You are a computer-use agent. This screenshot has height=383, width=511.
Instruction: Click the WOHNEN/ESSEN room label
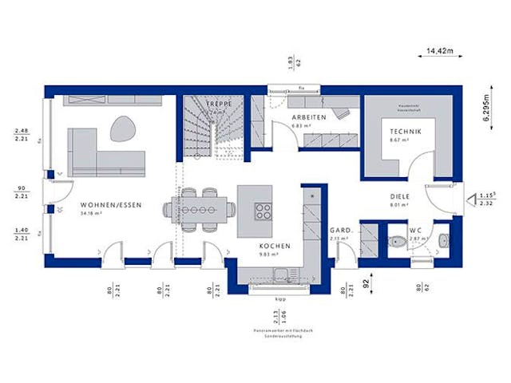(x=111, y=205)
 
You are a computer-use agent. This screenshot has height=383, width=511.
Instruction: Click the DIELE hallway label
(x=400, y=194)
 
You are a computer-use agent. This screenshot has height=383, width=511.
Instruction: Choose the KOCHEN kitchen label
(x=275, y=247)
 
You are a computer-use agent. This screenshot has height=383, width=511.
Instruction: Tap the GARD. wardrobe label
(x=341, y=231)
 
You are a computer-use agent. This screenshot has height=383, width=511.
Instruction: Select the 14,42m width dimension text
(x=440, y=51)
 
